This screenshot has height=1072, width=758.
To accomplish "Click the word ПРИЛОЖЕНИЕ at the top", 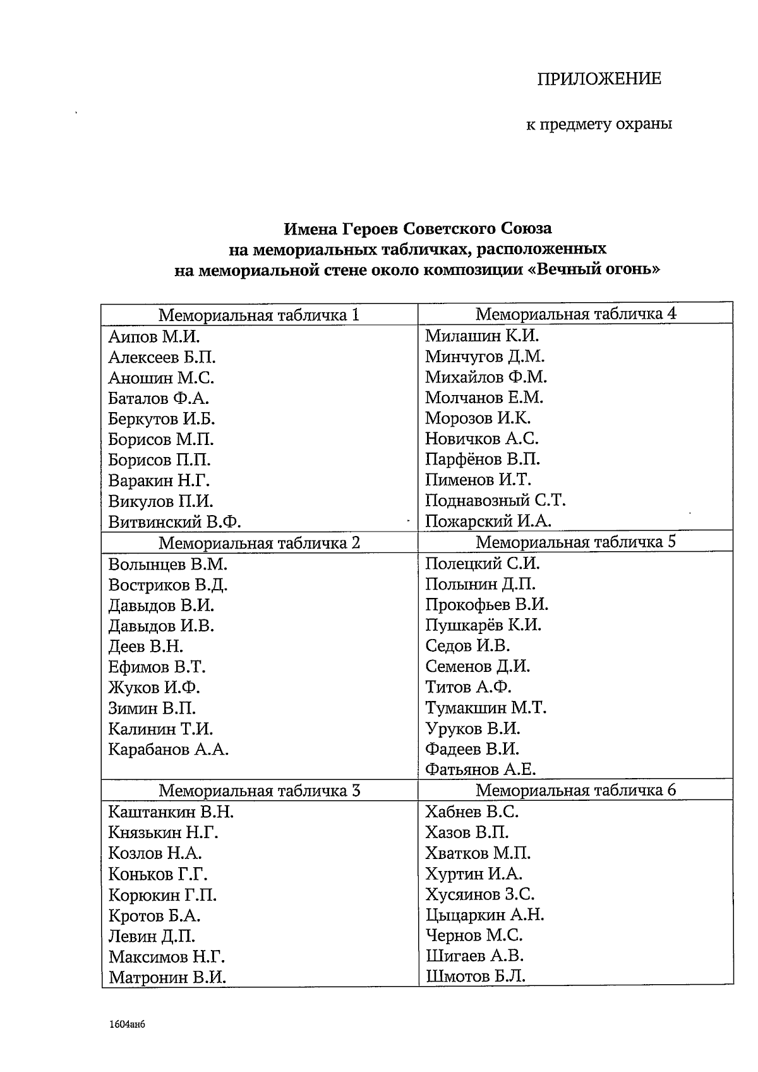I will click(x=599, y=79).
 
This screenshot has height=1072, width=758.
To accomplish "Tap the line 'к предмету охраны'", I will click(x=599, y=124).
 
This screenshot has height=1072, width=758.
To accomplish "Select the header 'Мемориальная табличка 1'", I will click(x=259, y=315).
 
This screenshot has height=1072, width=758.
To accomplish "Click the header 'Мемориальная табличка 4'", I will click(x=575, y=314).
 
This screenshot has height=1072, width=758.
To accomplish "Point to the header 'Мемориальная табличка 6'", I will click(x=575, y=789).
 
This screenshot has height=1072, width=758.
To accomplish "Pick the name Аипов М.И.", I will click(x=154, y=336).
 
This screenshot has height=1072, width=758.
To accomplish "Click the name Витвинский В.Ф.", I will click(x=175, y=522).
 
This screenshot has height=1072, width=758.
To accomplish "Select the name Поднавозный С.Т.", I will click(x=495, y=501).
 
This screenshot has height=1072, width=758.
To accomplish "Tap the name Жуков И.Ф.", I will click(x=154, y=687).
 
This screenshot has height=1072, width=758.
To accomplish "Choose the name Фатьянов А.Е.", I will click(x=480, y=769).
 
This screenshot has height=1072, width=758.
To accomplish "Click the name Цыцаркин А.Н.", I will click(x=484, y=915).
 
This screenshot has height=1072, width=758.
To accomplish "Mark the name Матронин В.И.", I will click(x=167, y=977).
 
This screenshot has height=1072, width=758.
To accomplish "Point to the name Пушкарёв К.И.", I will click(x=483, y=625).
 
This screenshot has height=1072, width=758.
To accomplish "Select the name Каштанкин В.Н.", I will click(x=171, y=812).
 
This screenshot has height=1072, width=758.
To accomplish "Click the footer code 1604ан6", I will click(x=127, y=1024).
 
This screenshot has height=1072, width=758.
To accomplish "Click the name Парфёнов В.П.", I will click(x=483, y=459).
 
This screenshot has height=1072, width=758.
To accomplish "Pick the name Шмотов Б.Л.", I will click(x=475, y=976).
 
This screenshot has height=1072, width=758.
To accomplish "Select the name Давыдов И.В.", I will click(x=161, y=626).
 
